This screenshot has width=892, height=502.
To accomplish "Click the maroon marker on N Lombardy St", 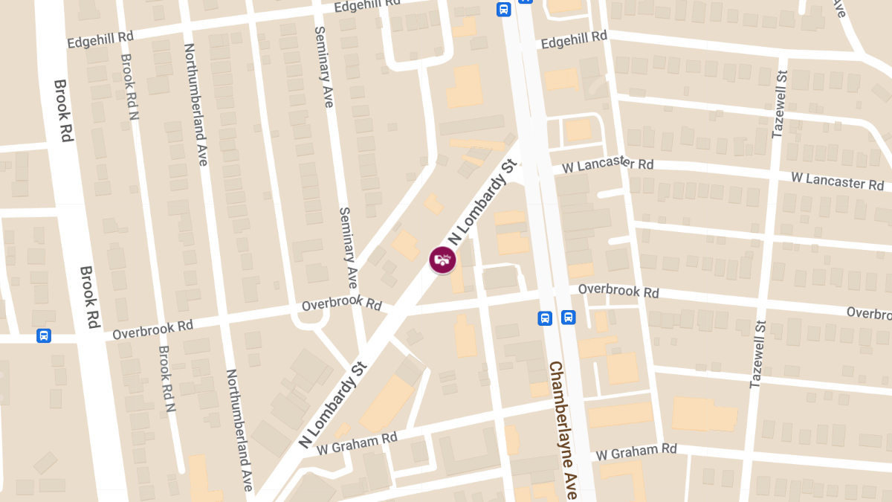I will coord(443,260).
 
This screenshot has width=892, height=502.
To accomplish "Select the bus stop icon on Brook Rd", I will coord(44,335).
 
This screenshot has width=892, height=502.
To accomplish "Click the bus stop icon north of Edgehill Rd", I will coord(503,9).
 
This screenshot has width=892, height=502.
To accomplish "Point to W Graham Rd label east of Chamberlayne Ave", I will coord(636,451).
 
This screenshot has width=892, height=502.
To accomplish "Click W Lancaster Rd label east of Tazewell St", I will coord(837,180).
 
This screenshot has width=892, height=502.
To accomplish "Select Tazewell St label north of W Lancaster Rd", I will coord(778,104).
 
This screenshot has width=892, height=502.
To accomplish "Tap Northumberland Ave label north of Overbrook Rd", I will coord(195,103).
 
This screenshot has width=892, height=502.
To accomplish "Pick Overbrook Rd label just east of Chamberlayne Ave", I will coord(618,290).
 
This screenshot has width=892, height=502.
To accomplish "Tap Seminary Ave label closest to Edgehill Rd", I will coord(324,67).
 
